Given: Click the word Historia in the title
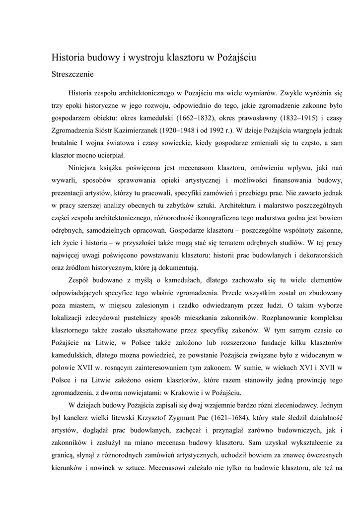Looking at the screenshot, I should coord(69,58).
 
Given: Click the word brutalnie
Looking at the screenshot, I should coord(66,144).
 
